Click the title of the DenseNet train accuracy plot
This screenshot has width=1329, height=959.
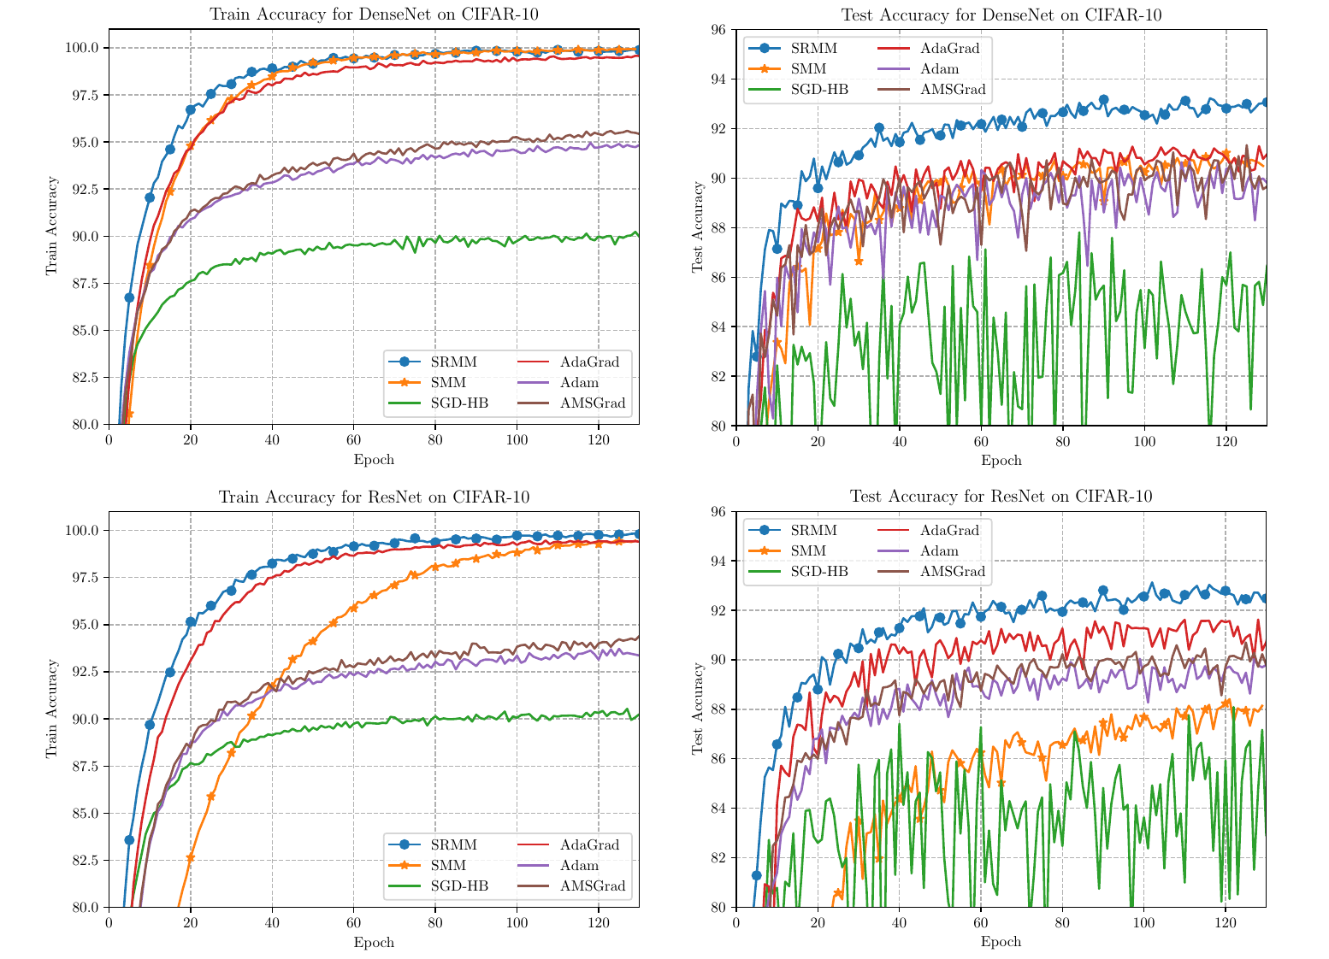pyautogui.click(x=374, y=14)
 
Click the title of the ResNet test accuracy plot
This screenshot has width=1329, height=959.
pyautogui.click(x=1001, y=497)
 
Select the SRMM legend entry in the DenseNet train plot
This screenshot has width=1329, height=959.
pyautogui.click(x=454, y=362)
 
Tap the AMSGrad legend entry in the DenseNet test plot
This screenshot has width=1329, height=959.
pyautogui.click(x=953, y=89)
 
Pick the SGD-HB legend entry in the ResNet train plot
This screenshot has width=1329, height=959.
pyautogui.click(x=459, y=886)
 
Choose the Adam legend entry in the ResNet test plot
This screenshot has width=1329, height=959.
pyautogui.click(x=940, y=551)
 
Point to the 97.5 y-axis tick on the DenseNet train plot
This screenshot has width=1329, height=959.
pyautogui.click(x=84, y=95)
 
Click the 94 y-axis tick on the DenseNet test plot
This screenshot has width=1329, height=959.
pyautogui.click(x=719, y=79)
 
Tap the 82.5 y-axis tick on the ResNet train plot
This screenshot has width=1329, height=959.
pyautogui.click(x=84, y=860)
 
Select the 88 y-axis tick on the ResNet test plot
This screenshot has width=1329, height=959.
pyautogui.click(x=719, y=709)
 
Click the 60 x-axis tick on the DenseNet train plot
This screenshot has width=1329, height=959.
pyautogui.click(x=353, y=440)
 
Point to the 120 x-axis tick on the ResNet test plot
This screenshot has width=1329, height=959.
pyautogui.click(x=1226, y=923)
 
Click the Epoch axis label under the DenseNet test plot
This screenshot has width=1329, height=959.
pyautogui.click(x=1001, y=461)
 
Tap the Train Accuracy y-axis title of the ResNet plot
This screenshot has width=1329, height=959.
pyautogui.click(x=51, y=709)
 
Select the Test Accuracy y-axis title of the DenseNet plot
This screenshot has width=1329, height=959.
pyautogui.click(x=697, y=227)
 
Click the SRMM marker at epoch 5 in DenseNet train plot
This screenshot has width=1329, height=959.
pyautogui.click(x=129, y=297)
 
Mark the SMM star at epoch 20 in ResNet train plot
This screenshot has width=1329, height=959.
pyautogui.click(x=191, y=857)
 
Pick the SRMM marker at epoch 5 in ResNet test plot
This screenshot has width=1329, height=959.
pyautogui.click(x=756, y=875)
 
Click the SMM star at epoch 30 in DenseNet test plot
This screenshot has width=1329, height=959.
pyautogui.click(x=859, y=261)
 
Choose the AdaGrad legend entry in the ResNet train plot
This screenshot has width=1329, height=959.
pyautogui.click(x=589, y=845)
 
